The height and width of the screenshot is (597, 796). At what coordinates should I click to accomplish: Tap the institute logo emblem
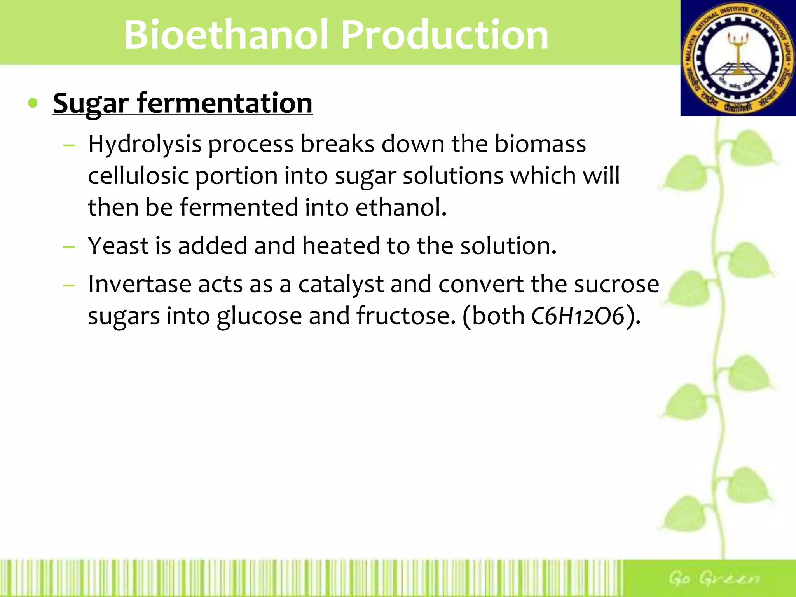[x=738, y=58]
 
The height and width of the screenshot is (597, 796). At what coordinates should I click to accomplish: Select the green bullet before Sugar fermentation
[x=33, y=103]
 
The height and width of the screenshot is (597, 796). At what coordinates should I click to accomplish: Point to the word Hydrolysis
[x=145, y=144]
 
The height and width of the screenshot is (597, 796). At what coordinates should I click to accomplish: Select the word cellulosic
[x=138, y=176]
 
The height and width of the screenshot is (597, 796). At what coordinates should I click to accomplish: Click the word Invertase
[x=139, y=284]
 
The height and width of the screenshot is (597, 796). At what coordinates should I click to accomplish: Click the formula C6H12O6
[x=578, y=316]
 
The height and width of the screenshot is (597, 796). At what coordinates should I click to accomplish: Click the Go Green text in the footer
[x=714, y=578]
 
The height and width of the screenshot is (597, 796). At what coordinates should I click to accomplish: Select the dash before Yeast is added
[x=69, y=247]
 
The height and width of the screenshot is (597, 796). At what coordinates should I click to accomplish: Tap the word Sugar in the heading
[x=91, y=104]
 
